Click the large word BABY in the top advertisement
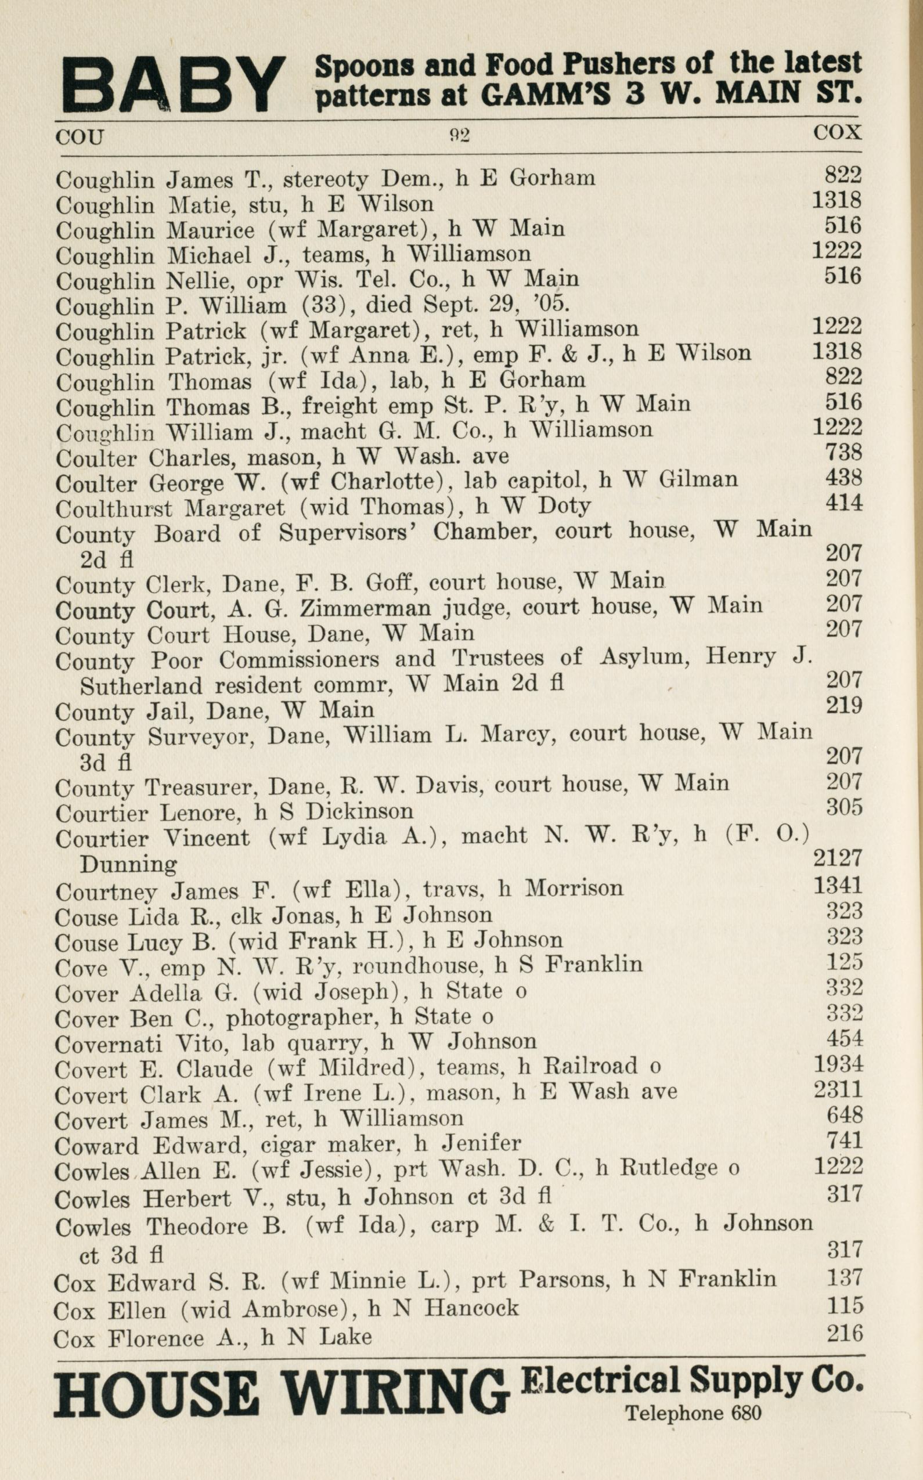click(x=174, y=85)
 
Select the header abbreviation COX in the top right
click(x=837, y=132)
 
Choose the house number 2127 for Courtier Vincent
click(x=838, y=858)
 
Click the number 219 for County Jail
click(x=843, y=706)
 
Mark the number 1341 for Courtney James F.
click(x=838, y=885)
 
